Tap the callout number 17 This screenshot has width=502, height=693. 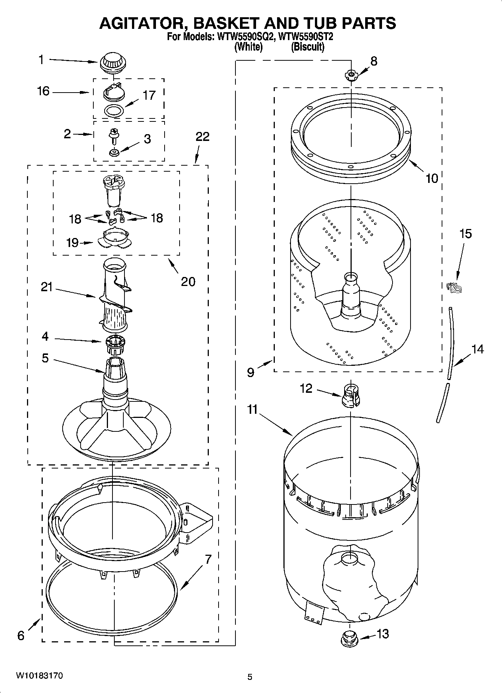(149, 96)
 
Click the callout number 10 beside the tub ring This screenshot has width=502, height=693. (432, 178)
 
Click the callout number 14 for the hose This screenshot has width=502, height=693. (477, 349)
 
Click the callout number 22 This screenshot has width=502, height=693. (202, 137)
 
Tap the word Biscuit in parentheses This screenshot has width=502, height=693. (307, 47)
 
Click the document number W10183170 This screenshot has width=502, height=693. (39, 676)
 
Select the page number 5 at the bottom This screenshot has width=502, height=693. (250, 677)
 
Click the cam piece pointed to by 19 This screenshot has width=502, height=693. (114, 239)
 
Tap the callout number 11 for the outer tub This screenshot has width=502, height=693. (252, 409)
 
